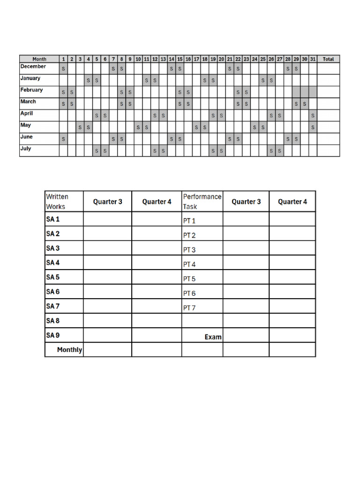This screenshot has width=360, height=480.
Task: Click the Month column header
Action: click(39, 59)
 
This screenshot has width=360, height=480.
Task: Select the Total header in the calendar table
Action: click(328, 59)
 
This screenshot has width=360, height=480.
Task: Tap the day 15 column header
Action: click(180, 59)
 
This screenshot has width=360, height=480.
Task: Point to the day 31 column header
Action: click(313, 59)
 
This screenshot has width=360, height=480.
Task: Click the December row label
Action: click(33, 67)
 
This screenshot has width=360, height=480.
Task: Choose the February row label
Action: click(31, 90)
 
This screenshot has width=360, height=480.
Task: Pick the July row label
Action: click(26, 149)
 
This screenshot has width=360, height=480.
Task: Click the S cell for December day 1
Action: click(63, 69)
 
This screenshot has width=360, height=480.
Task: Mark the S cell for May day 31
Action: click(313, 127)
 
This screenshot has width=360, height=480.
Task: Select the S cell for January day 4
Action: click(88, 81)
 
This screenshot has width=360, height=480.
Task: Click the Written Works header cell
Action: click(57, 202)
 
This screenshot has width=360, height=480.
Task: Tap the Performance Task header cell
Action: click(202, 202)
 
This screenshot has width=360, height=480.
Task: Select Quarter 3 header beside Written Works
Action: click(107, 202)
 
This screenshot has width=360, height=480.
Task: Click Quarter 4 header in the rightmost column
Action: click(292, 202)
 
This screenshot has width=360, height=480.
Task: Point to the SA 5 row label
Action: click(53, 277)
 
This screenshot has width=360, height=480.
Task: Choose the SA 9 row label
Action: click(53, 335)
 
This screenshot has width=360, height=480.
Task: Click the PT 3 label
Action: click(189, 250)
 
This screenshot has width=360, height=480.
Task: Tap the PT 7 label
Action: click(189, 308)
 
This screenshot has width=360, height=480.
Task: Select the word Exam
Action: click(213, 337)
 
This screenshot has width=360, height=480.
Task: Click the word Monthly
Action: click(69, 350)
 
